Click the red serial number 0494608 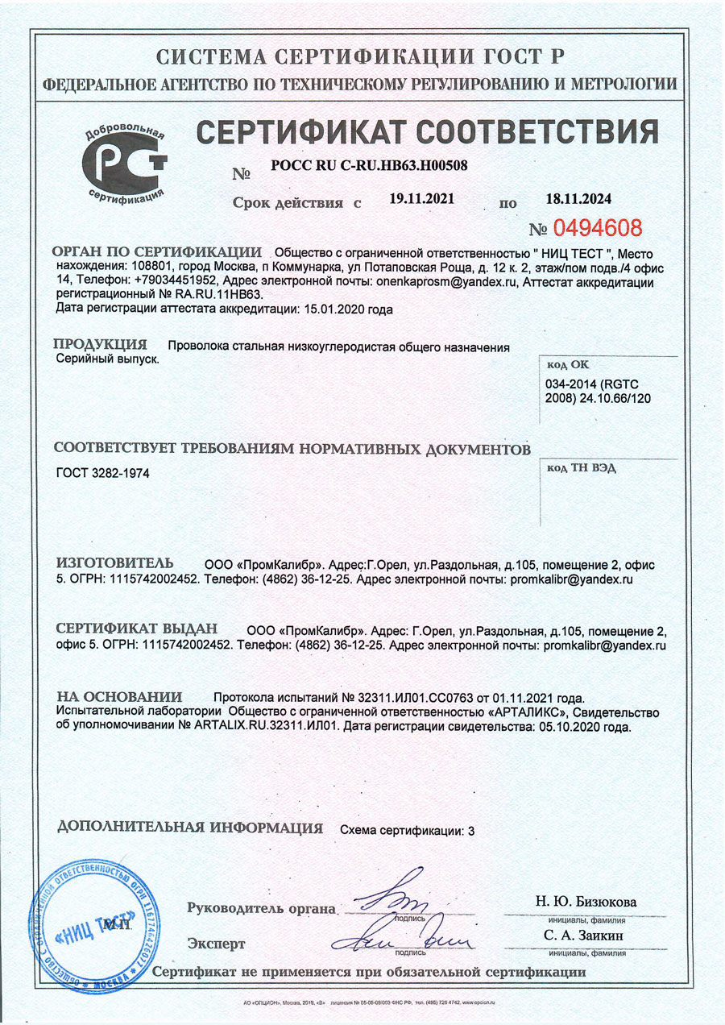click(x=597, y=227)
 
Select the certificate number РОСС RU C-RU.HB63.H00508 click(x=370, y=165)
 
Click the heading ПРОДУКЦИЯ click(x=101, y=344)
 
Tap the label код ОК click(x=569, y=363)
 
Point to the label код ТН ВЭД click(x=582, y=469)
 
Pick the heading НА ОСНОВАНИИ click(x=119, y=696)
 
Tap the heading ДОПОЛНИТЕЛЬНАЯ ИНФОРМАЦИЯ click(x=191, y=828)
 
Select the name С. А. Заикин click(x=584, y=936)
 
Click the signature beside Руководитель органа click(x=395, y=894)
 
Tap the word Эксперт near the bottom click(x=216, y=943)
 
